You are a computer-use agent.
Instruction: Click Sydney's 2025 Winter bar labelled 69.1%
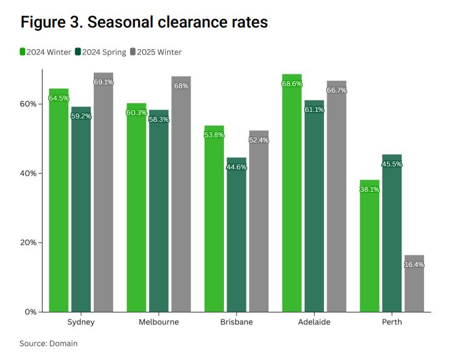[103, 194]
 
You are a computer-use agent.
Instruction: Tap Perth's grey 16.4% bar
[414, 284]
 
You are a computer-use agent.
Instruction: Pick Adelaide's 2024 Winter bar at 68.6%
[292, 194]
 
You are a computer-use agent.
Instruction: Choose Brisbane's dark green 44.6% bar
[236, 235]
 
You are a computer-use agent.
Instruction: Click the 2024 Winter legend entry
[46, 52]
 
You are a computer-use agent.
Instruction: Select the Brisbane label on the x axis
[236, 322]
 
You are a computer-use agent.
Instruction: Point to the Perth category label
[392, 322]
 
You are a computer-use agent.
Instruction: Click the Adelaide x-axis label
[314, 322]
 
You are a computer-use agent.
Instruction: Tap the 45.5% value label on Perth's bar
[392, 164]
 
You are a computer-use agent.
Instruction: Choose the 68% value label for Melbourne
[181, 86]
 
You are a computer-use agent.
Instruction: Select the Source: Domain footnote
[48, 343]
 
